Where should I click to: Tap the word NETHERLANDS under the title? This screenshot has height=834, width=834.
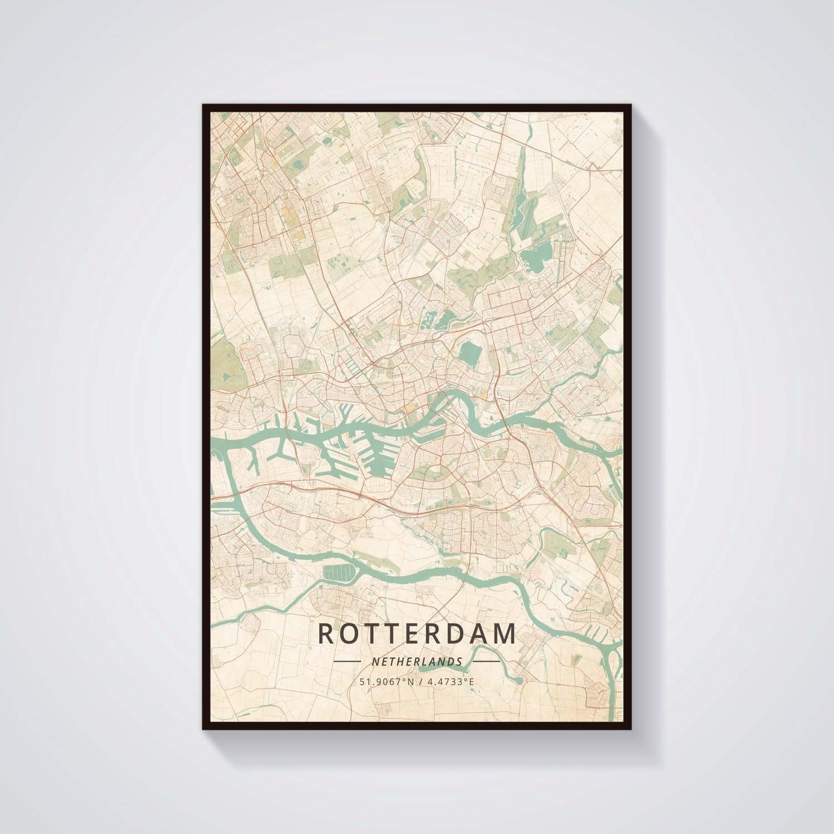point(416,662)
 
